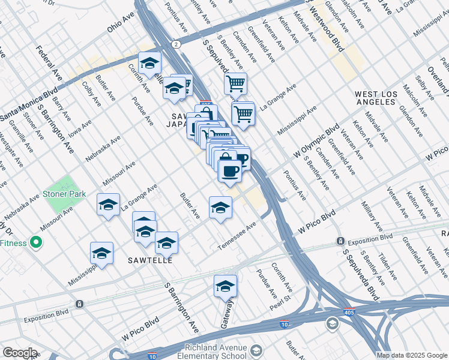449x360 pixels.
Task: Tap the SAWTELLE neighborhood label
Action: pos(150,261)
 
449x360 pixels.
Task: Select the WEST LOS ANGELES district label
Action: pos(384,98)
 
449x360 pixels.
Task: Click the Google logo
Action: pos(20,353)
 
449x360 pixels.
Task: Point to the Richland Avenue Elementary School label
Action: pos(215,352)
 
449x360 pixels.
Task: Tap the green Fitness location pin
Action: pos(35,243)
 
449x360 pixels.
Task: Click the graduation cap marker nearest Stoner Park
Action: pos(109,205)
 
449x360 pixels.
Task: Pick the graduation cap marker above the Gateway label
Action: pos(226,287)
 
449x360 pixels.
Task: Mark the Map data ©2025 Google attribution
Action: pos(412,355)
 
